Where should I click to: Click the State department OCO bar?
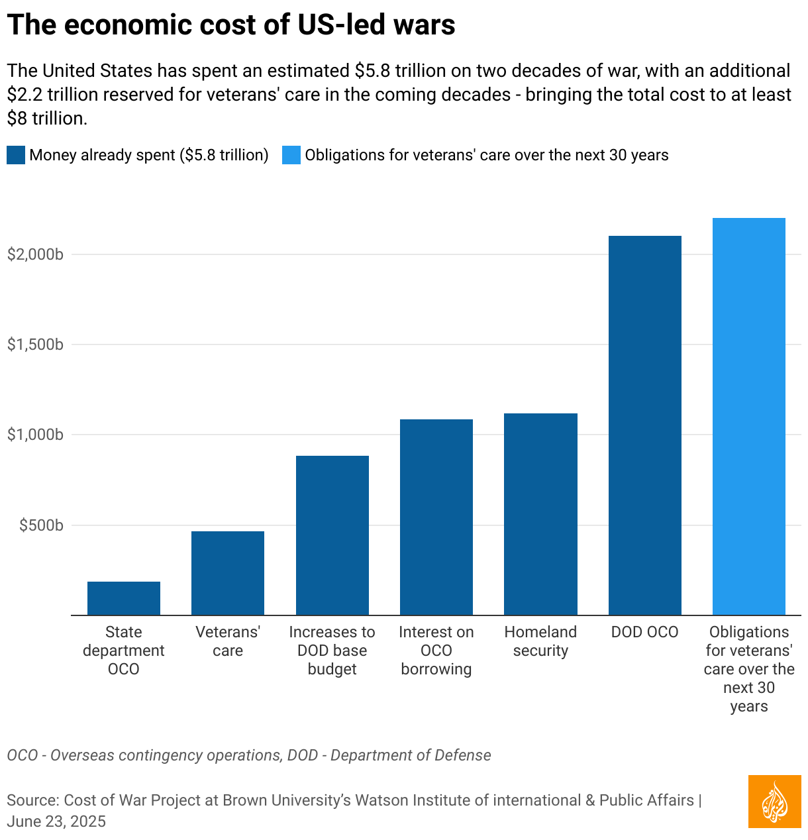pos(124,598)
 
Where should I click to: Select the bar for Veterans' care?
pos(228,573)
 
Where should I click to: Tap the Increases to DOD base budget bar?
pos(332,535)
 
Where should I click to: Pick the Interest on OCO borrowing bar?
pos(436,517)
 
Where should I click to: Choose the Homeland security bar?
pos(540,514)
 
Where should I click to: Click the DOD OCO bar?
pos(645,425)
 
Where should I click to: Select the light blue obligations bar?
pos(749,416)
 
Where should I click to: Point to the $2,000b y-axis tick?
pos(35,254)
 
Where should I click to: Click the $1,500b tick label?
pos(35,344)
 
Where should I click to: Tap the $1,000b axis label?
pos(35,435)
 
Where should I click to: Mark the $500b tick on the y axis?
pos(41,525)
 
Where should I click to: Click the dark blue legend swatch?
pos(16,155)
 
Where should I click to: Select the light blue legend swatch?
pos(291,155)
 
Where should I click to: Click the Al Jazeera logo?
pos(775,802)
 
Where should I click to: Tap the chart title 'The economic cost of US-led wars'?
pos(231,25)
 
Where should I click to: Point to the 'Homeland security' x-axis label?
pos(540,641)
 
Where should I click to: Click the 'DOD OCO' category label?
pos(645,632)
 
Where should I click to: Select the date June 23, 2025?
pos(56,821)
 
